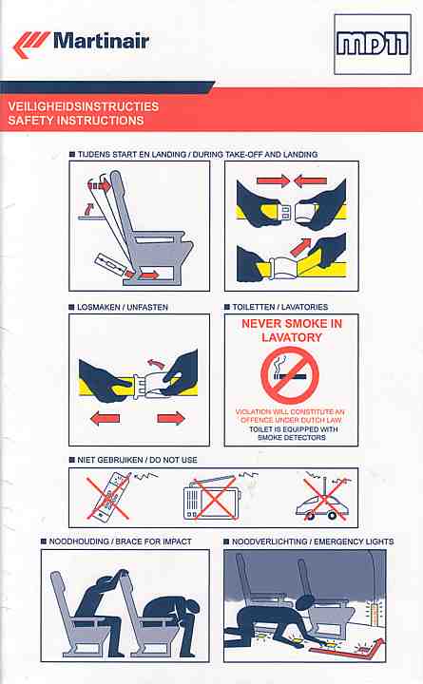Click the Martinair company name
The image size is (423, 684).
coord(102,42)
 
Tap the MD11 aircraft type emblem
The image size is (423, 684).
coord(373,45)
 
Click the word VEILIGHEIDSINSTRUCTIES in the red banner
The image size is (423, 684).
coord(84,106)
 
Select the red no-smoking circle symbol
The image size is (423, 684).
coord(289,375)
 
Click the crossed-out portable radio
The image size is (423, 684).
coord(212,497)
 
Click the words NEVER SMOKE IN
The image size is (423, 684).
coord(292,324)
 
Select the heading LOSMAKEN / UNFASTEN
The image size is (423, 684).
coord(123,307)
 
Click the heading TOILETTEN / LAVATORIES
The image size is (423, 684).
coord(279,307)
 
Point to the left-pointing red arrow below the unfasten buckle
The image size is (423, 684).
coord(105,419)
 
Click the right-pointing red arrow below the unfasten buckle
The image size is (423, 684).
coord(171,419)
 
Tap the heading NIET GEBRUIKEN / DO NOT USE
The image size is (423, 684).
coord(137,460)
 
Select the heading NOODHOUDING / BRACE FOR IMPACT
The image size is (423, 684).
coord(120,541)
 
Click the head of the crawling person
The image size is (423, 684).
coord(304,602)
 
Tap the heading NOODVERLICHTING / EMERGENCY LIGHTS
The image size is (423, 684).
coord(313,541)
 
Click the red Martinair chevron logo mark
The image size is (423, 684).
coord(30,45)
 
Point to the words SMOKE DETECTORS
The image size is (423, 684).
coord(292,438)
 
